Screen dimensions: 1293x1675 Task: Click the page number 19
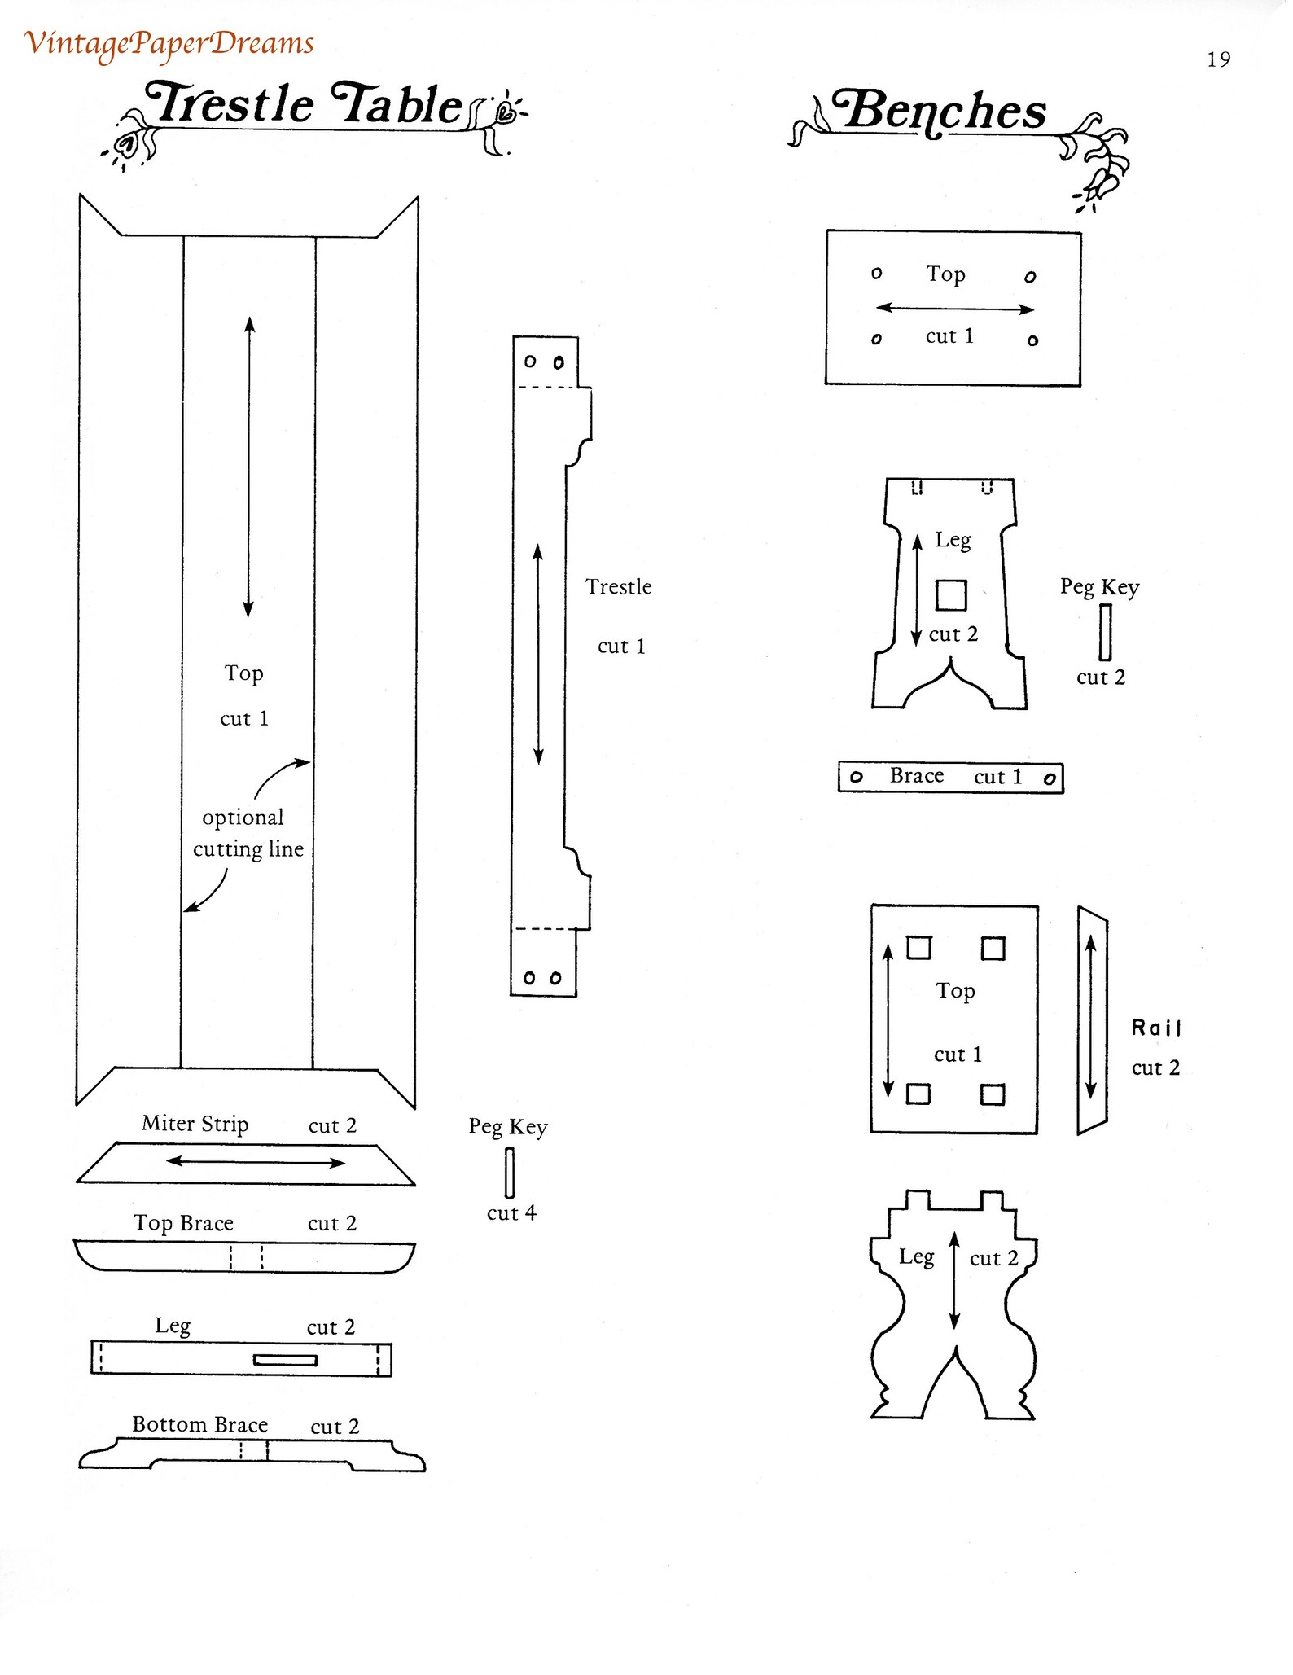click(x=1218, y=59)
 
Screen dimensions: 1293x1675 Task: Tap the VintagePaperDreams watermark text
click(x=169, y=43)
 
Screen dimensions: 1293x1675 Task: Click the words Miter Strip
click(x=195, y=1124)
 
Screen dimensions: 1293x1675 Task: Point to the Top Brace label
click(x=183, y=1223)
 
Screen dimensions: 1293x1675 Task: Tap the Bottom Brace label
click(x=200, y=1424)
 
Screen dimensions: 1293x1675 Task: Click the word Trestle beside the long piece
click(x=619, y=586)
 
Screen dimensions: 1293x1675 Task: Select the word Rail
click(x=1156, y=1028)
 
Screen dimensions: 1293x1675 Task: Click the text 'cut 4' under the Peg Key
click(x=511, y=1213)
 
